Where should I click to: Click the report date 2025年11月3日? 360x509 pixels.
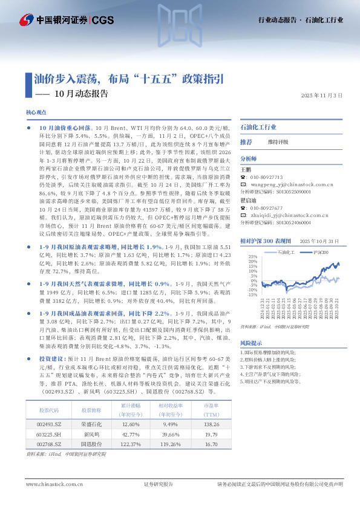321,96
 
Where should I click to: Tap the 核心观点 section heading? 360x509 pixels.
36,112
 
